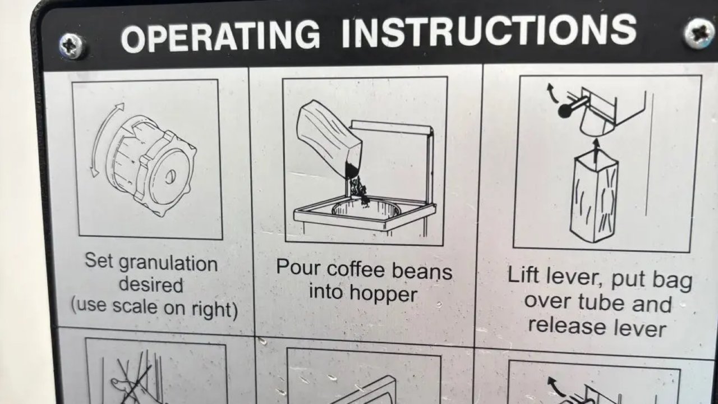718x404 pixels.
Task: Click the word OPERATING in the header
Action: (x=221, y=35)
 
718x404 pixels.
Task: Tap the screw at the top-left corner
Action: (x=72, y=47)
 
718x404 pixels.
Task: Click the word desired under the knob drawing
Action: (x=151, y=284)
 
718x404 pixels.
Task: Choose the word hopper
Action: (x=383, y=295)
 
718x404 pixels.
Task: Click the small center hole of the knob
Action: (x=170, y=177)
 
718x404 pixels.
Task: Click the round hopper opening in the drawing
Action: (x=366, y=209)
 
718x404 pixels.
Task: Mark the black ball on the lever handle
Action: (x=565, y=111)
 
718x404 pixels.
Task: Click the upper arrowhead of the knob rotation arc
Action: (x=120, y=106)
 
